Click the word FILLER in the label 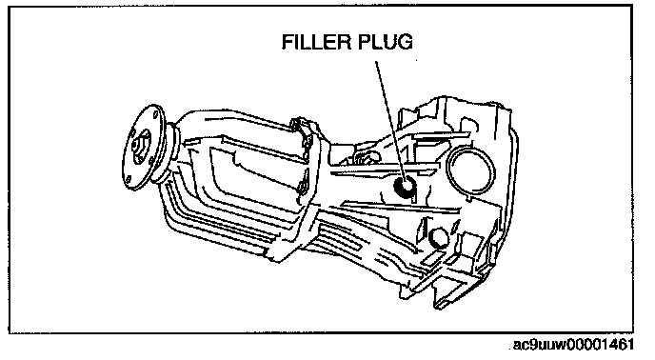tap(313, 42)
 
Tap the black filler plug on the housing tap(406, 187)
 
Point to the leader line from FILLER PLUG tap(390, 122)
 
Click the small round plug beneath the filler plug tap(438, 237)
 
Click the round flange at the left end tap(142, 148)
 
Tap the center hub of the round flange tap(141, 147)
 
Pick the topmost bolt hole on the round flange tap(155, 114)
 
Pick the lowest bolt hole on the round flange tap(129, 179)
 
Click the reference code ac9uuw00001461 tap(573, 345)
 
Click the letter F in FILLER tap(287, 42)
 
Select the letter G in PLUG tap(406, 42)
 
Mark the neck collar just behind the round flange tap(172, 151)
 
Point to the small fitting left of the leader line tap(365, 158)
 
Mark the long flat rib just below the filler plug tap(401, 207)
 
